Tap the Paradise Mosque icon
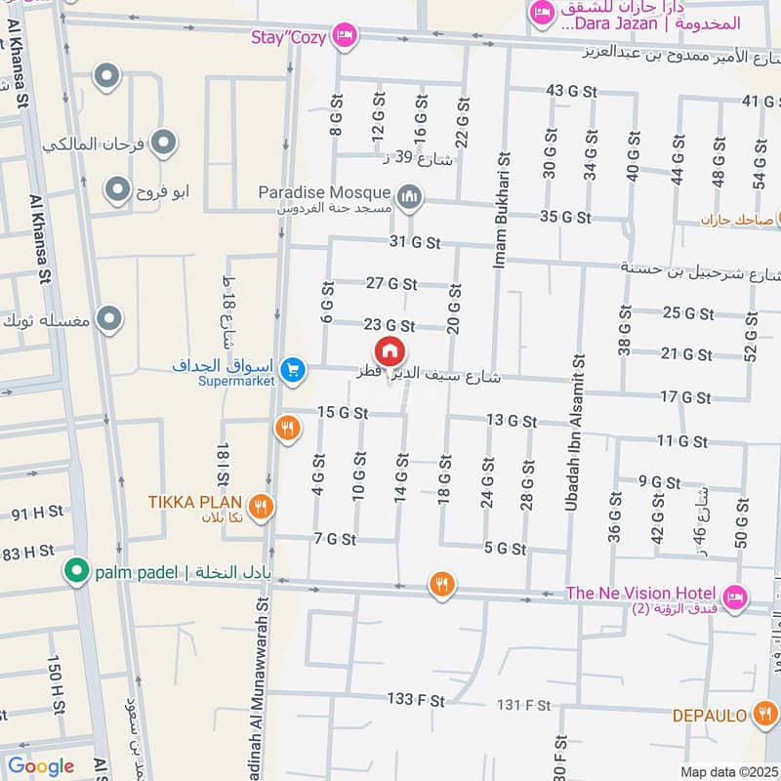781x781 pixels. click(409, 198)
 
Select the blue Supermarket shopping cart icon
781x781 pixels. click(291, 370)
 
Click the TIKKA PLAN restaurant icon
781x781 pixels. click(260, 505)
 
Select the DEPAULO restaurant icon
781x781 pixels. click(764, 716)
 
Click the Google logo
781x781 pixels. click(41, 766)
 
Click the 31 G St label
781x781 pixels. click(415, 241)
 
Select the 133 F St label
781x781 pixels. click(415, 700)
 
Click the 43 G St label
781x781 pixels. click(571, 91)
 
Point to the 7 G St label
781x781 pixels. click(335, 538)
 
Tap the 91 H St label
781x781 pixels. click(36, 511)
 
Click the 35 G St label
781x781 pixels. click(565, 216)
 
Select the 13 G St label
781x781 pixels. click(511, 421)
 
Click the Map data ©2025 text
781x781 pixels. click(727, 771)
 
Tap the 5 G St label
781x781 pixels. click(505, 548)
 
